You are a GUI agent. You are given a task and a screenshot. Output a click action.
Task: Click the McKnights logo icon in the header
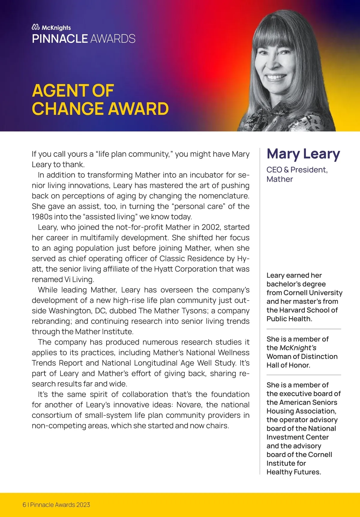(x=36, y=27)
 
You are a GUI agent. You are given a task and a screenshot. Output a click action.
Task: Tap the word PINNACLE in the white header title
(x=60, y=39)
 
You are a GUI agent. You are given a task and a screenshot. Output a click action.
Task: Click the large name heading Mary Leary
(x=303, y=154)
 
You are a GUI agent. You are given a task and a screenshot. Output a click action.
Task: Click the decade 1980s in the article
(x=42, y=217)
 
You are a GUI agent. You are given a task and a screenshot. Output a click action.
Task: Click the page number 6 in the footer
(x=24, y=505)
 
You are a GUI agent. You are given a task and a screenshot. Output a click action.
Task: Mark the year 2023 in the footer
(x=83, y=505)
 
